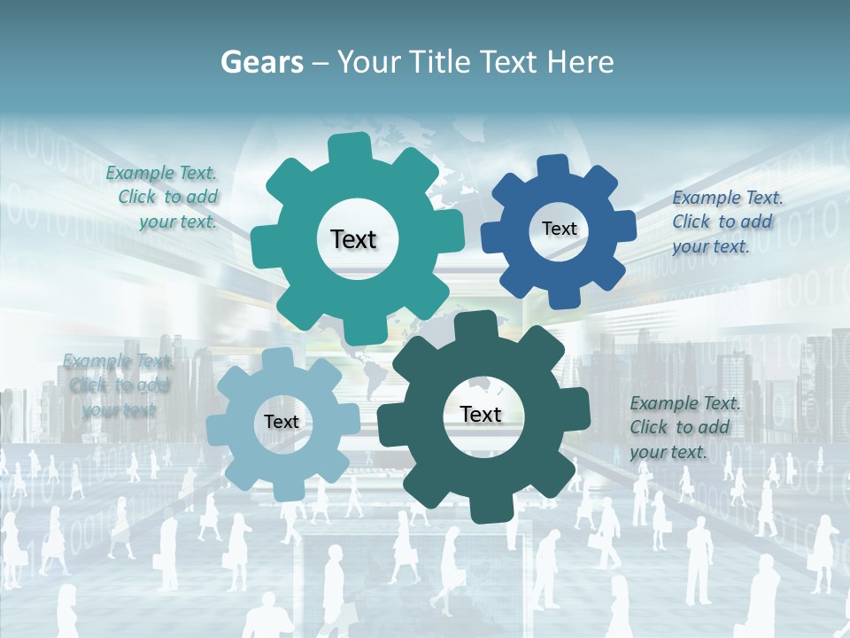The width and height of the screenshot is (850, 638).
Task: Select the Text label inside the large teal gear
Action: click(x=353, y=239)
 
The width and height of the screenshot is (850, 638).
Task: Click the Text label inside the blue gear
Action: click(x=559, y=229)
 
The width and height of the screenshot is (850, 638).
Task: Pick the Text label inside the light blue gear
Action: click(x=281, y=422)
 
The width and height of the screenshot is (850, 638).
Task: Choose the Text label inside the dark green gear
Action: click(x=481, y=414)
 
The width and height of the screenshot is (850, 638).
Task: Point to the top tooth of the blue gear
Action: click(x=553, y=167)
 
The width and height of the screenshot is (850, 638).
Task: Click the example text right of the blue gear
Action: click(x=725, y=222)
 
